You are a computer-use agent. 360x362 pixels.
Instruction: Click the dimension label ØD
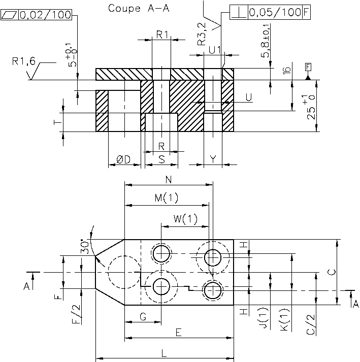(123, 159)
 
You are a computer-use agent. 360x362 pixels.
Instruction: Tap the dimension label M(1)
(167, 198)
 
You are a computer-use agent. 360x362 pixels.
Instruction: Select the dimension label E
(178, 332)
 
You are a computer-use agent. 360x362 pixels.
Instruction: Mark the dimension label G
(143, 317)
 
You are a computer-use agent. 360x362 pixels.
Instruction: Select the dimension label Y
(213, 159)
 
